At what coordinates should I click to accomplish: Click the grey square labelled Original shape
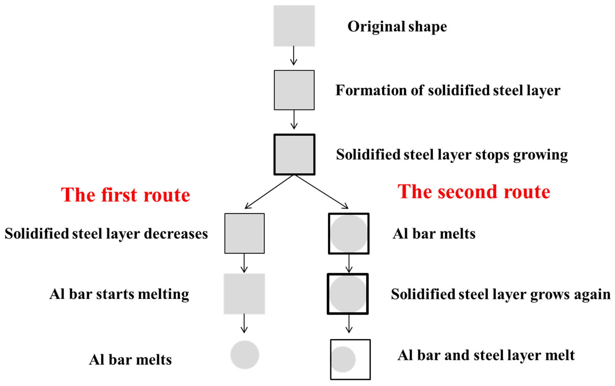(294, 26)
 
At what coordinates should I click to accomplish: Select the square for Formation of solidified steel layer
(294, 90)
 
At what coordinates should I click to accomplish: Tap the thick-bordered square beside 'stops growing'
(294, 155)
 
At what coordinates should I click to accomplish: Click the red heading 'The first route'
(125, 195)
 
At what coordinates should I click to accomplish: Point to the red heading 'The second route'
(474, 192)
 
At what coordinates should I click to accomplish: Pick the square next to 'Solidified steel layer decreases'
(244, 233)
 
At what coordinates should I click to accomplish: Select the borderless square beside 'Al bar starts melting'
(244, 294)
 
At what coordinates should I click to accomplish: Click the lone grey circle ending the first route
(245, 355)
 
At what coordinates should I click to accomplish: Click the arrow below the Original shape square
(294, 56)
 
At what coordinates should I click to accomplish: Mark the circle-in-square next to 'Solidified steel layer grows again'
(348, 294)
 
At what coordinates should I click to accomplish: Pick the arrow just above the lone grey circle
(244, 323)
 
